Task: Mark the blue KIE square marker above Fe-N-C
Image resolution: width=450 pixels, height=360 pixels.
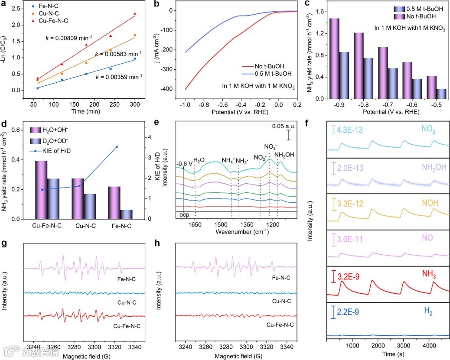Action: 129,147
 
